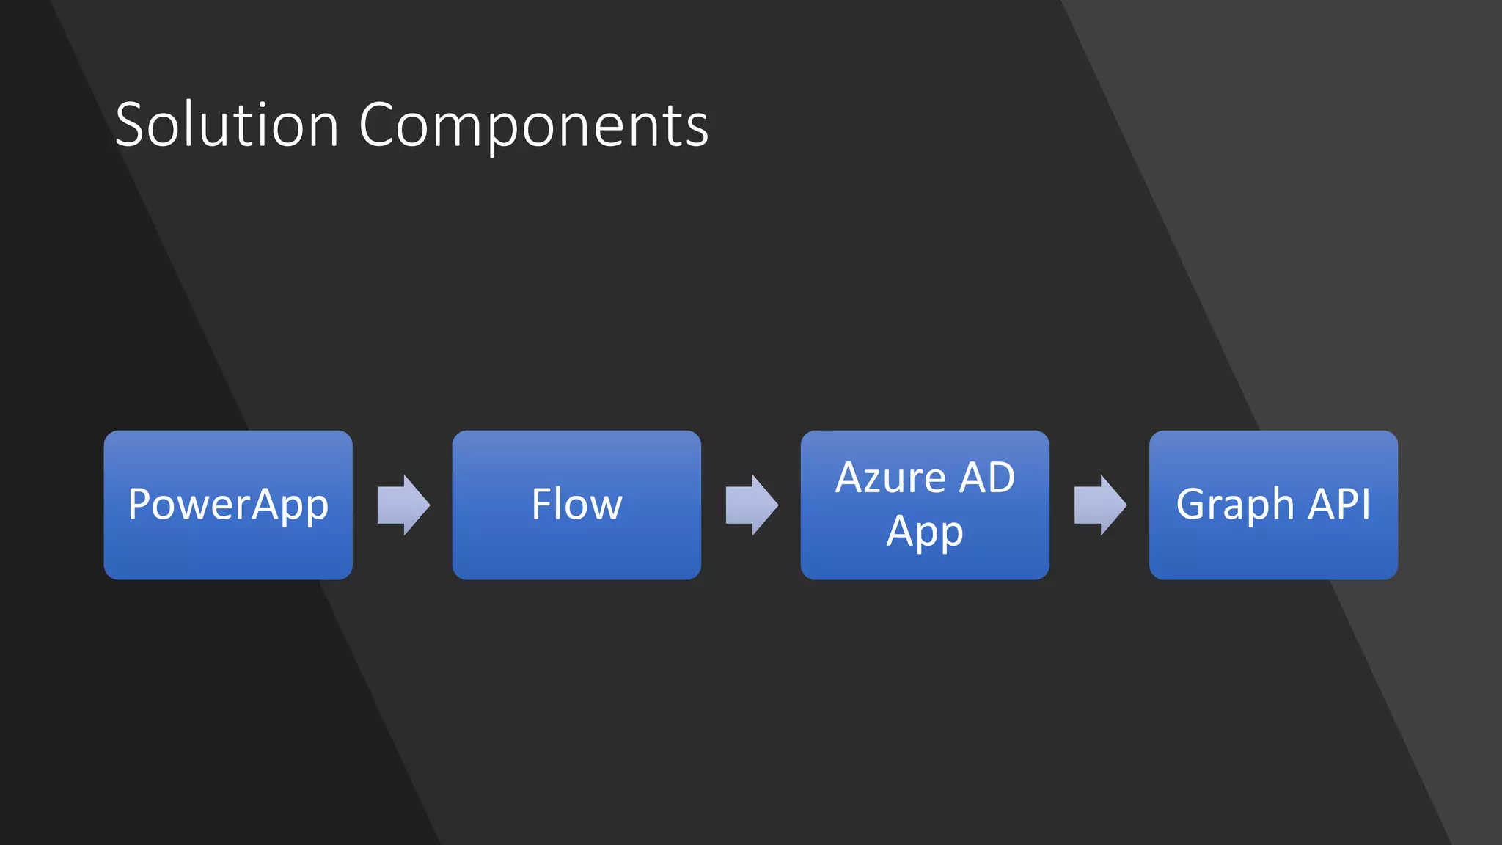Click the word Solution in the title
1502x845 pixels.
pyautogui.click(x=227, y=125)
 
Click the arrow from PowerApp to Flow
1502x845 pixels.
pyautogui.click(x=403, y=505)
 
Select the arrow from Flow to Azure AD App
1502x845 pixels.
pyautogui.click(x=751, y=505)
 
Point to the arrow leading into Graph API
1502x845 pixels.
pyautogui.click(x=1099, y=505)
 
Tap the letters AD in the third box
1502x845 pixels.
pyautogui.click(x=987, y=478)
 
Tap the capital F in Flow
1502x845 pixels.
pyautogui.click(x=541, y=505)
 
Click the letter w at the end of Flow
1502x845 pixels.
pyautogui.click(x=605, y=506)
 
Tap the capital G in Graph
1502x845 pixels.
pyautogui.click(x=1193, y=505)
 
